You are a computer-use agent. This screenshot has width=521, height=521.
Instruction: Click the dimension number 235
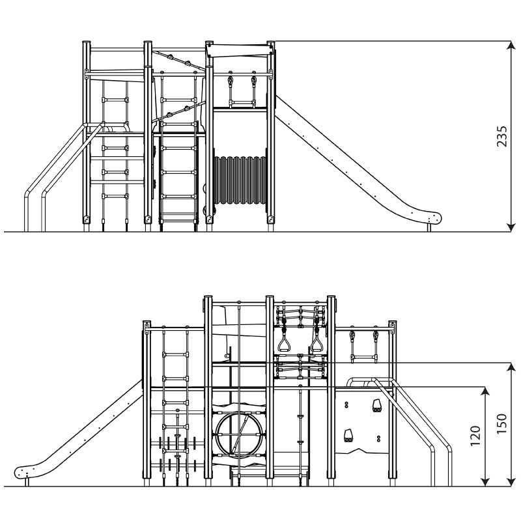click(501, 136)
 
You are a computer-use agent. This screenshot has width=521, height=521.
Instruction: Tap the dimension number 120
click(476, 436)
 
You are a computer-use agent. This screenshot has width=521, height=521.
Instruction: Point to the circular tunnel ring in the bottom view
click(239, 434)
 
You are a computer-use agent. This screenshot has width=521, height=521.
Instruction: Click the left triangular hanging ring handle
click(284, 343)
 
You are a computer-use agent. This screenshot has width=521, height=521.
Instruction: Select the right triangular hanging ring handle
click(317, 343)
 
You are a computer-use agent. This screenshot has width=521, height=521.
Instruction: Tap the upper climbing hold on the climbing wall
click(376, 405)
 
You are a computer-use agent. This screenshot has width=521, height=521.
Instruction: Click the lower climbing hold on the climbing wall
click(348, 436)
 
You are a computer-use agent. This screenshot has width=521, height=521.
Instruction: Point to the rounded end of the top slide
click(434, 218)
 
